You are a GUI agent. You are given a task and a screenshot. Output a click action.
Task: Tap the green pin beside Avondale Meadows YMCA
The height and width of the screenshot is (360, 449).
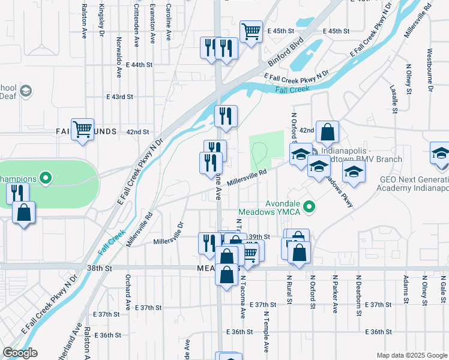tap(310, 208)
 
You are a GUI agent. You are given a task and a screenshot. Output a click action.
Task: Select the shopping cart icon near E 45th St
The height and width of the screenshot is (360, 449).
tap(251, 31)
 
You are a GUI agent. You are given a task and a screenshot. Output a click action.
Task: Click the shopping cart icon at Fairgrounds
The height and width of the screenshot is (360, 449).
tap(82, 129)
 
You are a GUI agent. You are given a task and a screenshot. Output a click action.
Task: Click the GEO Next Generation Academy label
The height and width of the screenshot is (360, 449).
tap(414, 183)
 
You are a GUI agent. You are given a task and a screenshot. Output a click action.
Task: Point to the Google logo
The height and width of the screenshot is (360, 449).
tap(20, 353)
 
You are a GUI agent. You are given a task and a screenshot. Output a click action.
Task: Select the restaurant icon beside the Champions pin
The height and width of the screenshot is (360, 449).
tap(17, 193)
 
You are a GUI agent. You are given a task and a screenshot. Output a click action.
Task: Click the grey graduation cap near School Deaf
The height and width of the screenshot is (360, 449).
tap(25, 91)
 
